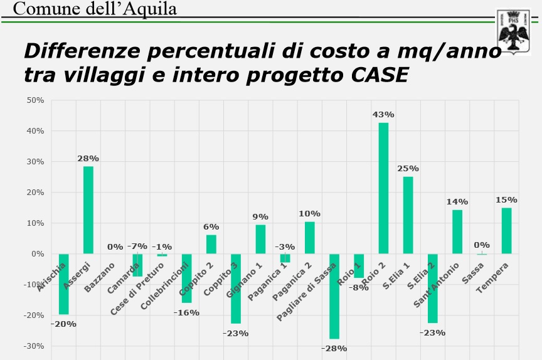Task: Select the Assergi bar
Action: click(x=88, y=209)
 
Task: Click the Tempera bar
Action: click(x=506, y=231)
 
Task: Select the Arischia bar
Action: click(x=63, y=283)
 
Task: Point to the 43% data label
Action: click(x=383, y=115)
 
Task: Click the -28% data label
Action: click(x=334, y=348)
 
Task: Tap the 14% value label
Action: click(x=457, y=201)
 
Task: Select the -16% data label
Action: click(x=186, y=312)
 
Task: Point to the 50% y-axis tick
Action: click(x=35, y=100)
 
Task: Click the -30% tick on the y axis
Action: click(x=33, y=346)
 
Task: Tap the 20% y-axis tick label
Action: click(x=35, y=193)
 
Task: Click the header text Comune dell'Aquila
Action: click(x=94, y=8)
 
